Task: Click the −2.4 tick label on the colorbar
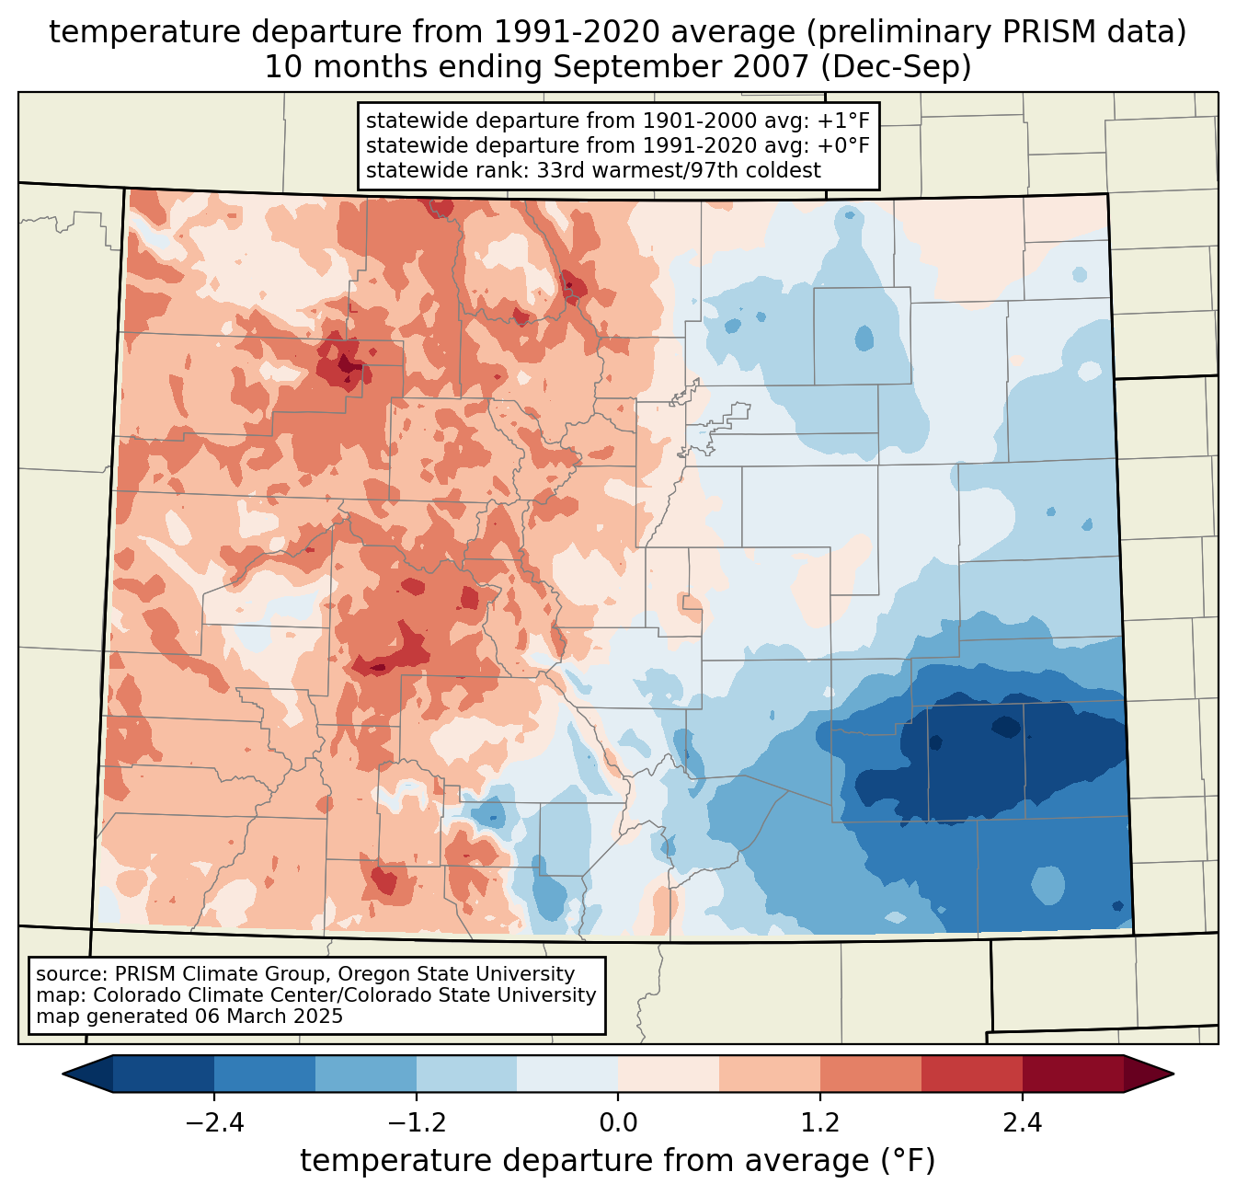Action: (x=213, y=1123)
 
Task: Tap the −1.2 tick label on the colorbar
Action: (x=416, y=1123)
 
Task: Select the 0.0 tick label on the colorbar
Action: (x=618, y=1123)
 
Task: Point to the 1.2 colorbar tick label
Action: (x=820, y=1123)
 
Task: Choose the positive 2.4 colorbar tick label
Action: (x=1023, y=1123)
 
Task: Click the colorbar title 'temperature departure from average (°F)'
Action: (x=618, y=1161)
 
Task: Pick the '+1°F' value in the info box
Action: (x=843, y=121)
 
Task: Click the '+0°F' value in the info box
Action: (x=843, y=145)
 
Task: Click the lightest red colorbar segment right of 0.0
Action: (x=669, y=1074)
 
